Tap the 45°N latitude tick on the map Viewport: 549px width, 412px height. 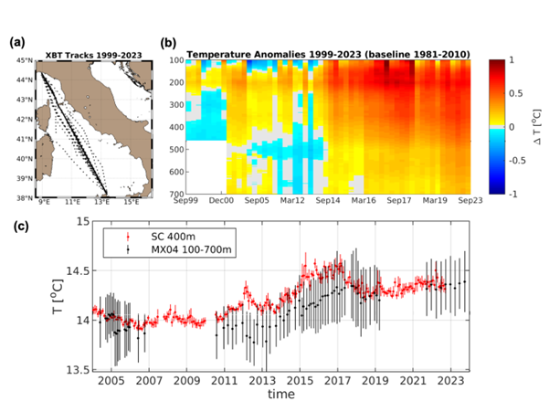coord(24,61)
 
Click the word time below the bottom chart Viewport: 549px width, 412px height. coord(280,396)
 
